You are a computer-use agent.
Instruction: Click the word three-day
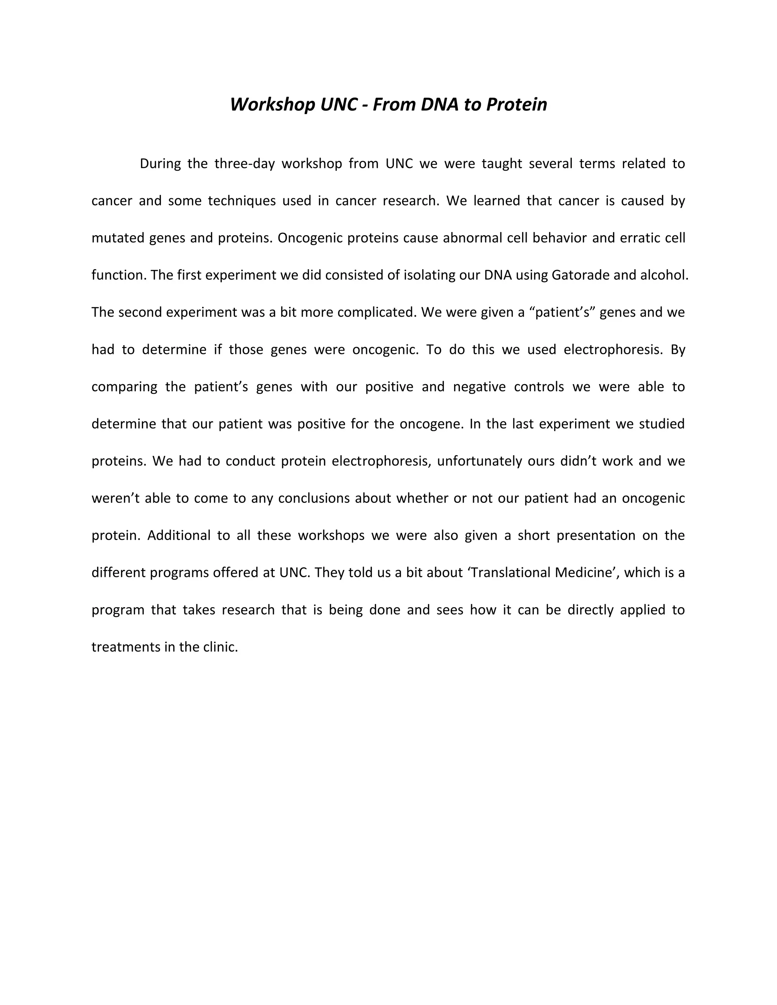[244, 164]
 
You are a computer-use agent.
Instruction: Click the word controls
[539, 386]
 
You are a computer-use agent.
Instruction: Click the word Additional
[179, 535]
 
